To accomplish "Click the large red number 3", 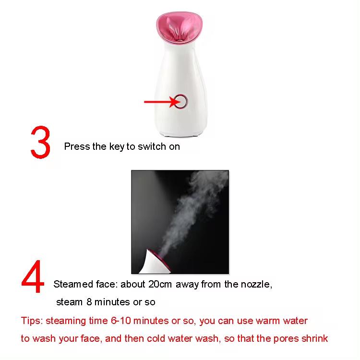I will pyautogui.click(x=40, y=143).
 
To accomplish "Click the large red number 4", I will pyautogui.click(x=33, y=281).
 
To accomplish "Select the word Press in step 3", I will pyautogui.click(x=77, y=146).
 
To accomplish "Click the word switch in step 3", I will pyautogui.click(x=152, y=146).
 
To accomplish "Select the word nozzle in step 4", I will pyautogui.click(x=255, y=284).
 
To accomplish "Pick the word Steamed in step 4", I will pyautogui.click(x=72, y=284).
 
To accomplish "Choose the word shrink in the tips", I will pyautogui.click(x=314, y=338).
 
